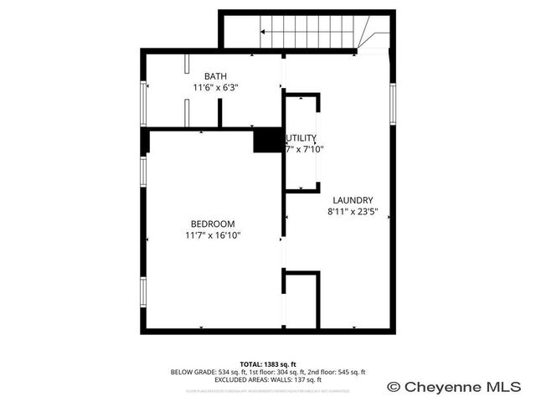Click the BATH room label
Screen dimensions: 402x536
215,77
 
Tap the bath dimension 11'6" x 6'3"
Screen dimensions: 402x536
215,87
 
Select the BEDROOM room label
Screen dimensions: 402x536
213,224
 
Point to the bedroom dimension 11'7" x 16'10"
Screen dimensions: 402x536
213,235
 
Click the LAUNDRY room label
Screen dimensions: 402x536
353,200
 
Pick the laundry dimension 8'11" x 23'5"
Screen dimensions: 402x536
353,212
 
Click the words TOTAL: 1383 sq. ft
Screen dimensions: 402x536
268,364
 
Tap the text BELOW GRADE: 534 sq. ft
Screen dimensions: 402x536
206,372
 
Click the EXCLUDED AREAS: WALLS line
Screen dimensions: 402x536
268,379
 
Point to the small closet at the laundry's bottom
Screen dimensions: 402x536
301,299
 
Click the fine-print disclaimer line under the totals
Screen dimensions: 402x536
268,390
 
